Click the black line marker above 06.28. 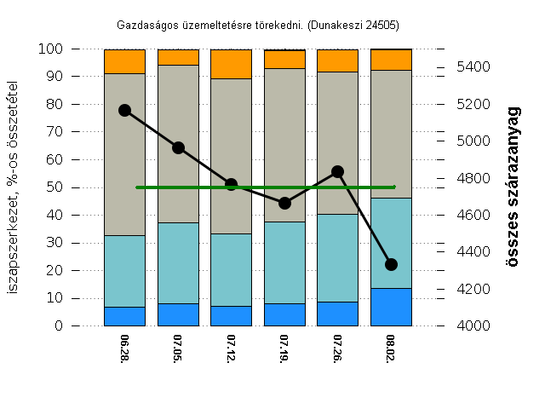[124, 110]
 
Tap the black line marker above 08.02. [391, 264]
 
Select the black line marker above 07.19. [284, 203]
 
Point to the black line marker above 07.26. [337, 171]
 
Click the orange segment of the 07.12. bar [231, 64]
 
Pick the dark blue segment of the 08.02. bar [391, 307]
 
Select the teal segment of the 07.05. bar [178, 262]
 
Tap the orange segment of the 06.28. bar [124, 61]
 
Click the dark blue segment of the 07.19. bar [284, 314]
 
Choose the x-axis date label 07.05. [178, 349]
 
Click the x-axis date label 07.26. [337, 349]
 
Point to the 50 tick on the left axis [54, 187]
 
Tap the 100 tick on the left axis [51, 49]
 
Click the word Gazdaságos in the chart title [142, 25]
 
